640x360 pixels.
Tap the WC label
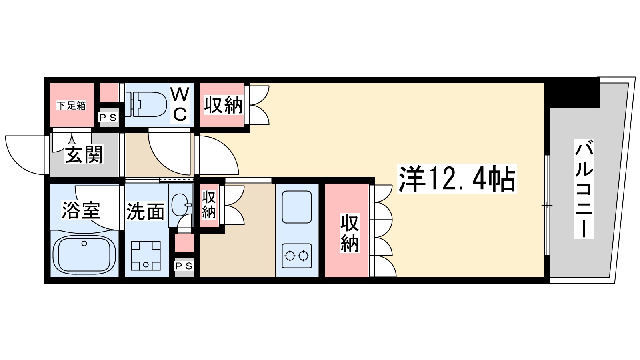[x=180, y=105]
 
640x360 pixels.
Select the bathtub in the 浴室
[x=84, y=254]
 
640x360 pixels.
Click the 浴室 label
[x=80, y=210]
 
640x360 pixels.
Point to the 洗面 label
[x=146, y=212]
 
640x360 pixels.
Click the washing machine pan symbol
[x=146, y=256]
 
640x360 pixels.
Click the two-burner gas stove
[x=296, y=255]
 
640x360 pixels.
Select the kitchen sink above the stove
[x=296, y=207]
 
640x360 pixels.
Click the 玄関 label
[x=84, y=155]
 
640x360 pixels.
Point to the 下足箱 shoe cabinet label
[x=71, y=106]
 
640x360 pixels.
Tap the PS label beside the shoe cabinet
[x=108, y=118]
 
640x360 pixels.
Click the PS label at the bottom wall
[x=184, y=266]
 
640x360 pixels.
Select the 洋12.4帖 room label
[x=457, y=179]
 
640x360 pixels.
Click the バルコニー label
[x=584, y=188]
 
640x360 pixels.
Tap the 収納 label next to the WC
[x=223, y=105]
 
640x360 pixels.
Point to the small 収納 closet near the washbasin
[x=209, y=204]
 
